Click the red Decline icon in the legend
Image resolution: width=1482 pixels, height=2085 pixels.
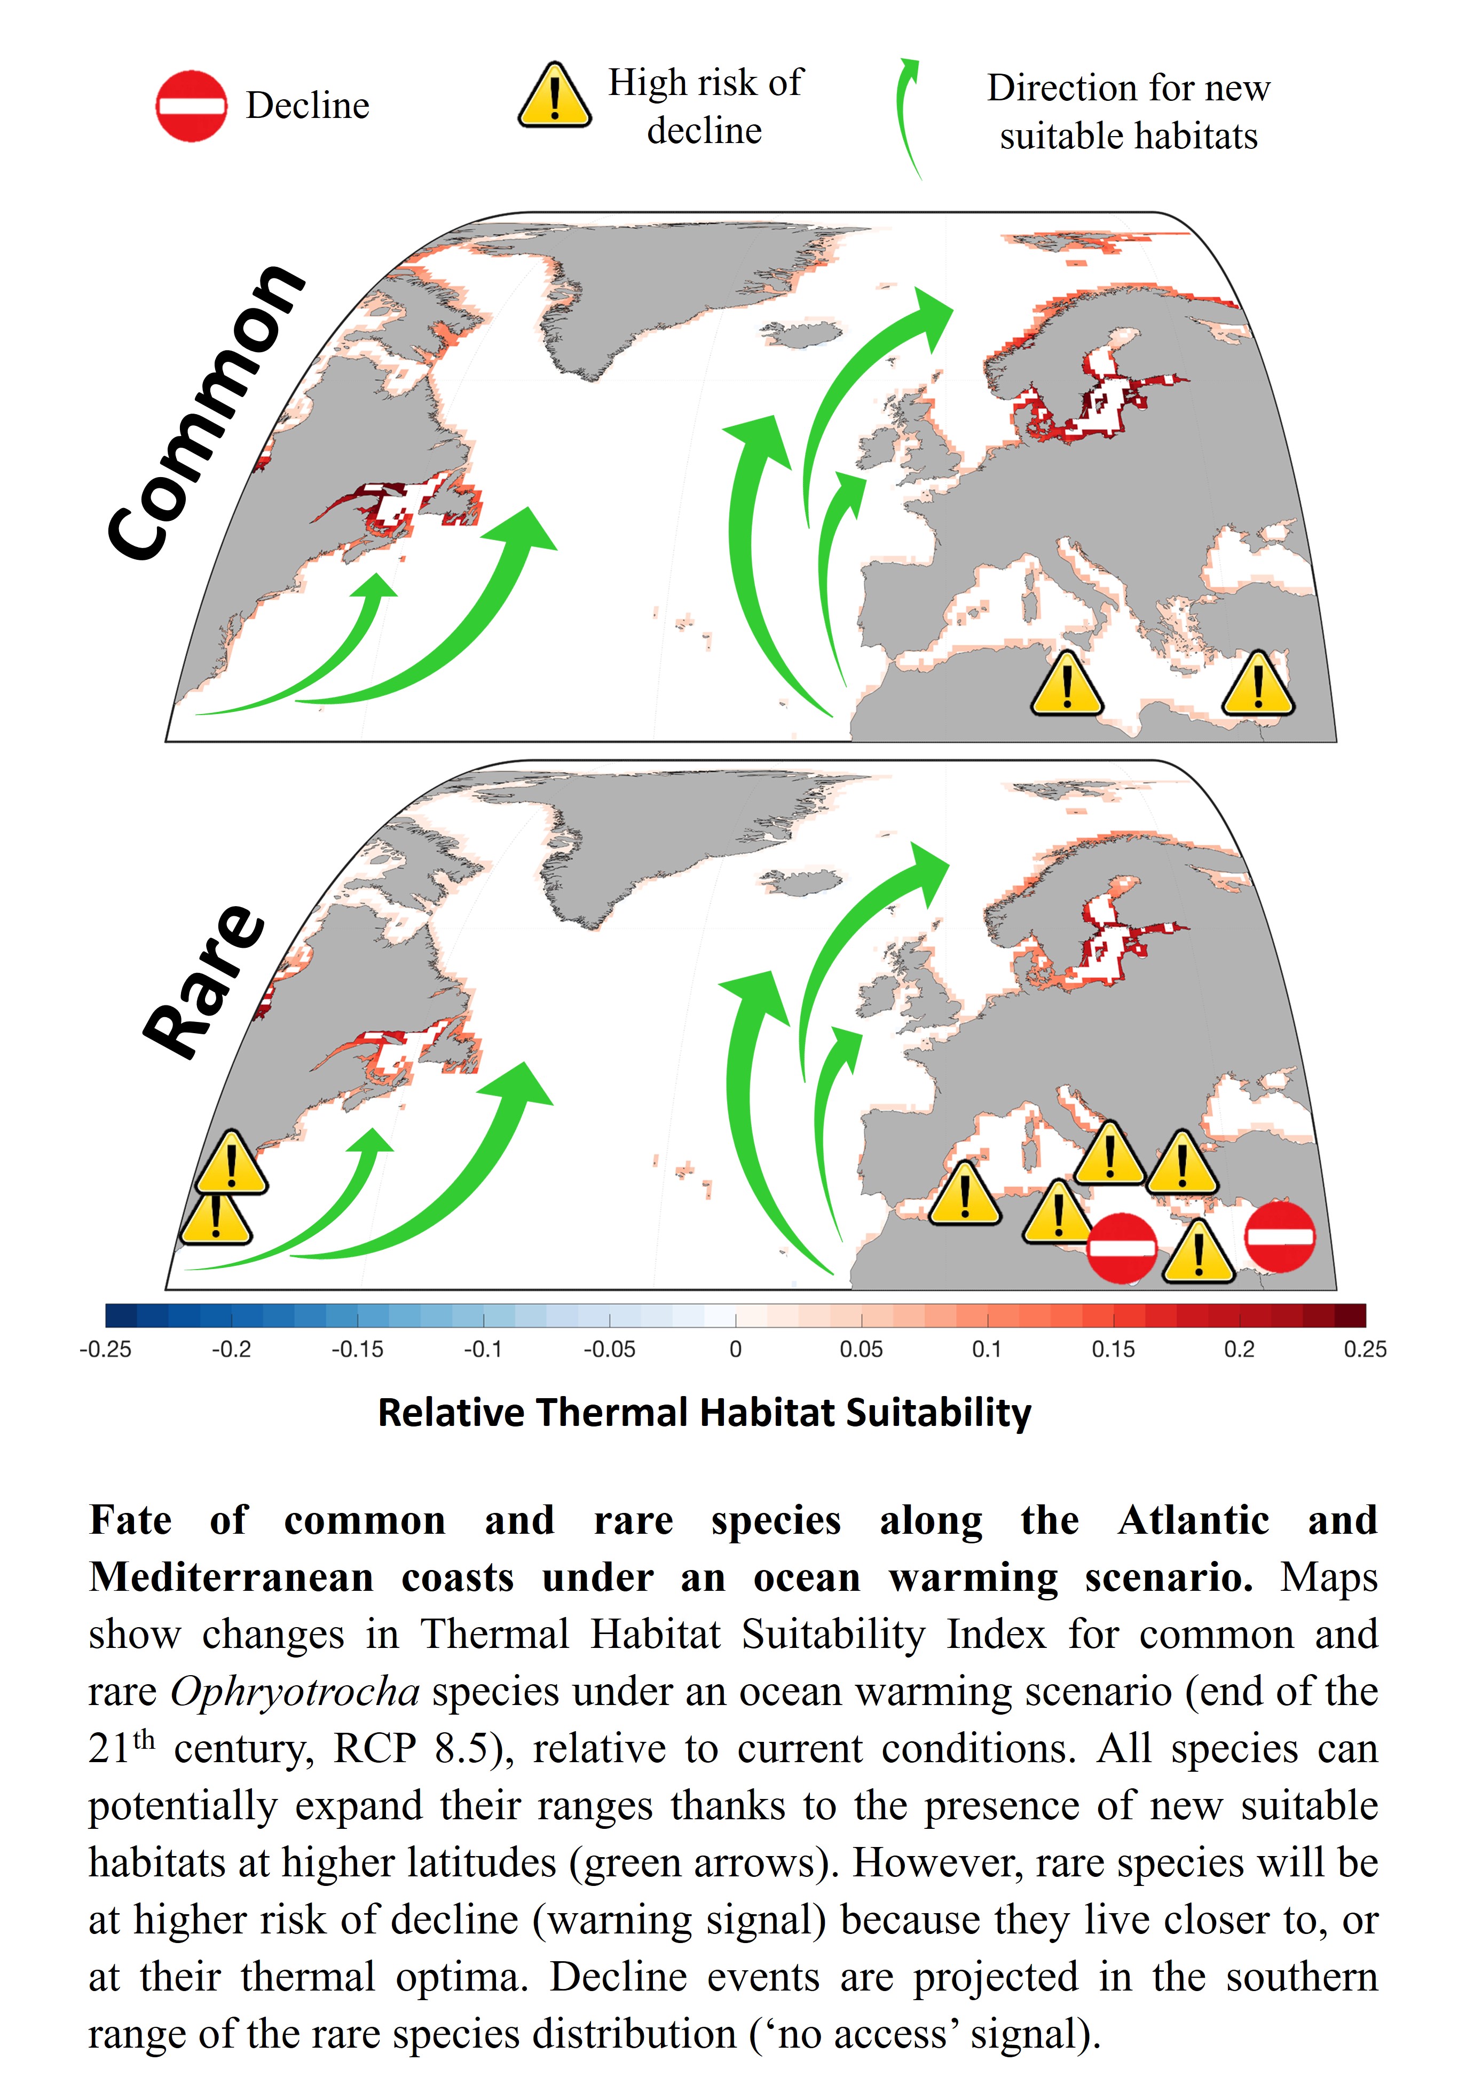pos(191,106)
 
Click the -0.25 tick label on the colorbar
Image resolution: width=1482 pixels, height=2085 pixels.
pos(105,1349)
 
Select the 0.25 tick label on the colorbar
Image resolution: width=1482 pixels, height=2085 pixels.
pos(1364,1349)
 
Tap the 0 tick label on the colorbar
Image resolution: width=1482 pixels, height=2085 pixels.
pos(736,1349)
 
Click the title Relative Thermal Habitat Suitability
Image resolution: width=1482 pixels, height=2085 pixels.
pos(705,1412)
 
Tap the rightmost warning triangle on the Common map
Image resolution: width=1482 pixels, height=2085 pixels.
pos(1257,684)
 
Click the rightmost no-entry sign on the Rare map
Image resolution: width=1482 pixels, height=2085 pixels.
pos(1280,1237)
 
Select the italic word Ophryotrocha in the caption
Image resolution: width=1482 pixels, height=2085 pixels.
pos(295,1692)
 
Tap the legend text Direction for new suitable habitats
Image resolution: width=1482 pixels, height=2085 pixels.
pos(1128,112)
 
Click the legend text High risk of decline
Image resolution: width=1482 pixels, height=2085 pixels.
pos(705,106)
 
